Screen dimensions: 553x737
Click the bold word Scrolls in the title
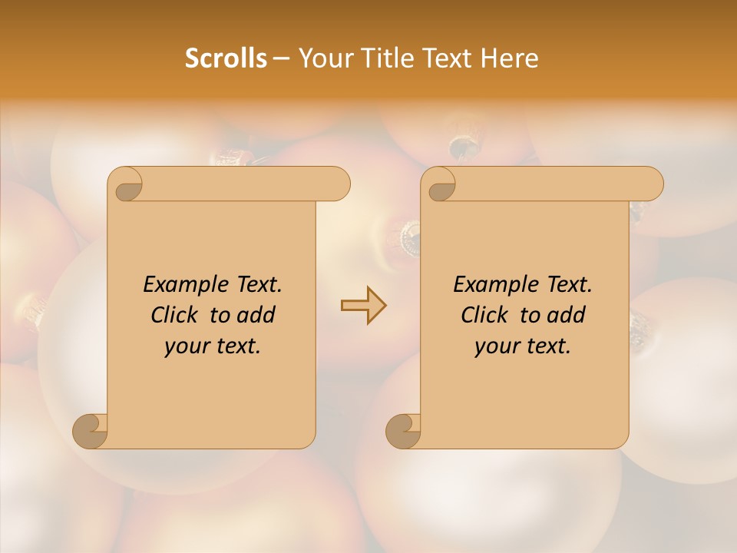[x=226, y=58]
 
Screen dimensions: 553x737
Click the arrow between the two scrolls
[x=363, y=306]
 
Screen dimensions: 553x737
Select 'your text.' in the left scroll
[x=213, y=346]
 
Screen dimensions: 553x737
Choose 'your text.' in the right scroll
[x=523, y=346]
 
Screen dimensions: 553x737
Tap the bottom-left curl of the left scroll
[x=90, y=431]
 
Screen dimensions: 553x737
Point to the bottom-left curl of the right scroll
[x=403, y=431]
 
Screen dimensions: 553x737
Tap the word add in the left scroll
[x=256, y=315]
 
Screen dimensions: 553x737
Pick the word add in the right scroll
[x=567, y=315]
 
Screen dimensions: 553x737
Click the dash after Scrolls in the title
[x=281, y=58]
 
